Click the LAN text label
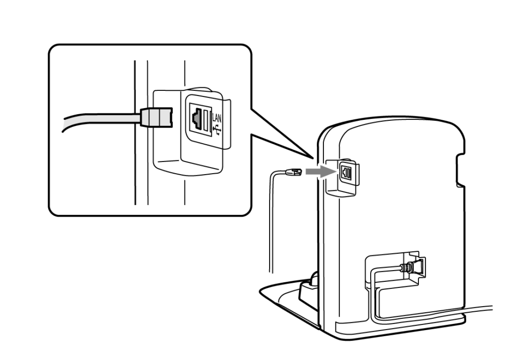[x=216, y=118]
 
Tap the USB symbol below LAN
[x=217, y=129]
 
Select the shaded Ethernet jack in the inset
[x=197, y=119]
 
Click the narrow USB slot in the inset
[x=206, y=120]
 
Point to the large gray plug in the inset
[x=156, y=117]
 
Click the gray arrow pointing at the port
[x=320, y=172]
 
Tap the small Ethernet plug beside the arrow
[x=294, y=172]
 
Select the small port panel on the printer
[x=346, y=173]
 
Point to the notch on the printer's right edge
[x=460, y=170]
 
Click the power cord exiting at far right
[x=477, y=310]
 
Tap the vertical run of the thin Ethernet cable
[x=271, y=225]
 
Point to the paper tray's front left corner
[x=261, y=292]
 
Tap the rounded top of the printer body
[x=392, y=121]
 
